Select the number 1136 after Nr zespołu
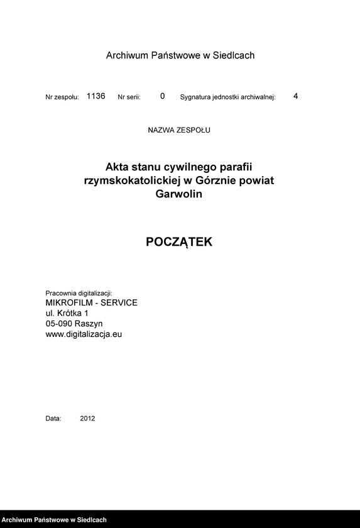[95, 96]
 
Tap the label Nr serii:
[129, 97]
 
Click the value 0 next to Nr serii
[162, 96]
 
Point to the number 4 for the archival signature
[296, 96]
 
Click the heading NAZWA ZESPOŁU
[179, 131]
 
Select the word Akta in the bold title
[117, 167]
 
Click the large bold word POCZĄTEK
[179, 242]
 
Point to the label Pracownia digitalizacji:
[79, 294]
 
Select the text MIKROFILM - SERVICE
[91, 303]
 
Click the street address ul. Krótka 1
[67, 313]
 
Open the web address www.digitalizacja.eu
[84, 334]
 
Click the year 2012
[87, 418]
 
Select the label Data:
[53, 418]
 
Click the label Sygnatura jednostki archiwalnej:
[228, 97]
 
